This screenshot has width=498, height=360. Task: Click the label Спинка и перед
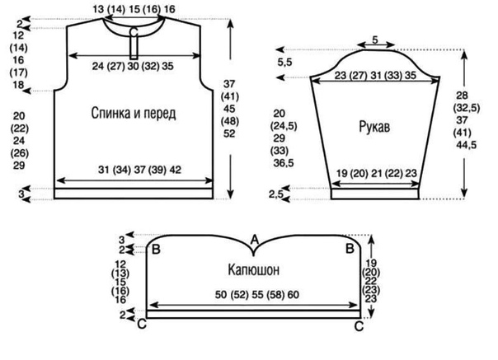(134, 114)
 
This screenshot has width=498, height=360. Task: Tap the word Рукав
(375, 127)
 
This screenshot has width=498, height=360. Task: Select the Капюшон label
(254, 270)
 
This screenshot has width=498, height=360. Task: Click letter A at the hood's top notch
(255, 240)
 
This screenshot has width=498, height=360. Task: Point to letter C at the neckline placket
(134, 32)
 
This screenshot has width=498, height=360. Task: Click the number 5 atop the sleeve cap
(375, 40)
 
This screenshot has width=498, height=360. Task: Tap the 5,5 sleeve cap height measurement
(284, 63)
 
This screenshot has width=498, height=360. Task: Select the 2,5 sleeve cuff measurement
(276, 194)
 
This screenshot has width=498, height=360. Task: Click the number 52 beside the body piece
(229, 133)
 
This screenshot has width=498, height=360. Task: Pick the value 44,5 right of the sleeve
(467, 145)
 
